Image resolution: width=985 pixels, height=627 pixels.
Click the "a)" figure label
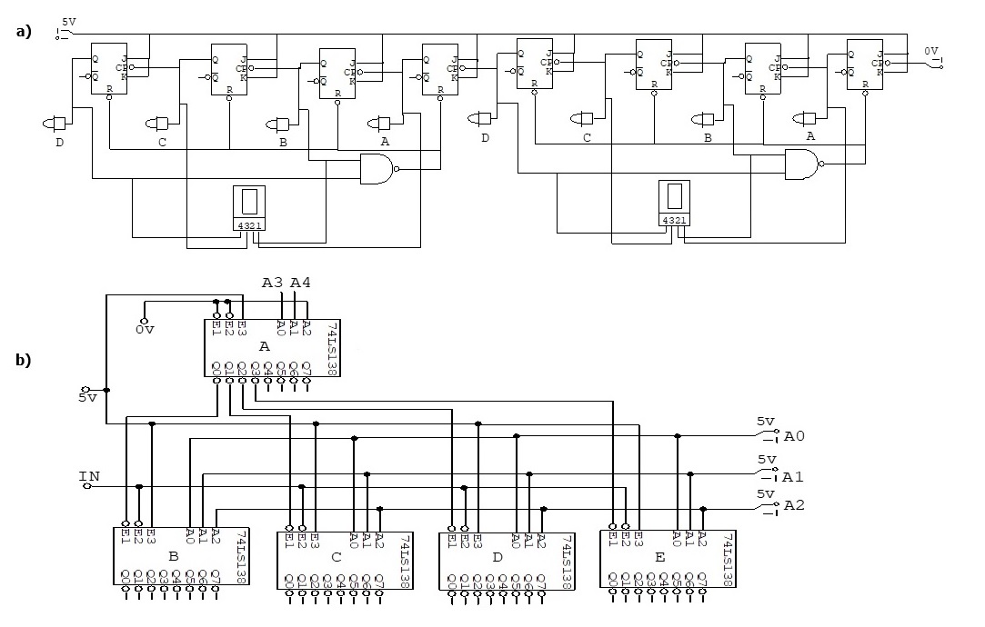[23, 31]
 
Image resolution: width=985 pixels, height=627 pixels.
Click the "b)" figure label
[23, 360]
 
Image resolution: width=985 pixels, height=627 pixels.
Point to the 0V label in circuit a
[931, 51]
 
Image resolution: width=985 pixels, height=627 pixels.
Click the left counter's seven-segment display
[248, 208]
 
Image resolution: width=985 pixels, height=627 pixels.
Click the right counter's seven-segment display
[674, 203]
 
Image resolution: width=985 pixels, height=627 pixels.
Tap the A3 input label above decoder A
[273, 283]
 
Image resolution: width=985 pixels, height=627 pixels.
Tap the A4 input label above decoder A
[300, 283]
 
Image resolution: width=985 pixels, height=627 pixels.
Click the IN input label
[89, 475]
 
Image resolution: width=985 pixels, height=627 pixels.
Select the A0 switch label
[794, 436]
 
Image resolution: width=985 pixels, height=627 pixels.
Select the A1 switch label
[794, 476]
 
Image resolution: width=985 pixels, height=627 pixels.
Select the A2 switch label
[794, 504]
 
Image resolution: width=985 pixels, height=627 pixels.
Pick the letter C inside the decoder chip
[336, 555]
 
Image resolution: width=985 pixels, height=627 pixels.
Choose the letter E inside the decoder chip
[658, 555]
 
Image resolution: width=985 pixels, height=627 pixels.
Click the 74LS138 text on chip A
[332, 347]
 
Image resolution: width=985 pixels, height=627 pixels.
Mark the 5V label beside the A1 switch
[766, 461]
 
